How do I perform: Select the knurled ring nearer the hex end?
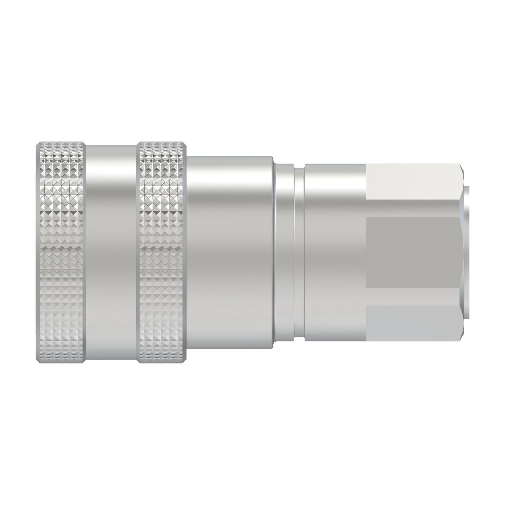click(162, 252)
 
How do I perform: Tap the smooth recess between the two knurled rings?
click(111, 252)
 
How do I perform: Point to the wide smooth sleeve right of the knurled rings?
click(230, 252)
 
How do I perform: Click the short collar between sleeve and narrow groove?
click(283, 252)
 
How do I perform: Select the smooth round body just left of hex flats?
click(335, 252)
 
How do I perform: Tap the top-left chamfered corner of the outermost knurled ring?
click(38, 144)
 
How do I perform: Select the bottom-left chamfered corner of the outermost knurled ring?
click(38, 361)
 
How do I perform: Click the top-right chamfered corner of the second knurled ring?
click(185, 144)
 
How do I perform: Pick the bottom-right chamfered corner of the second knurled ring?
click(185, 361)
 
